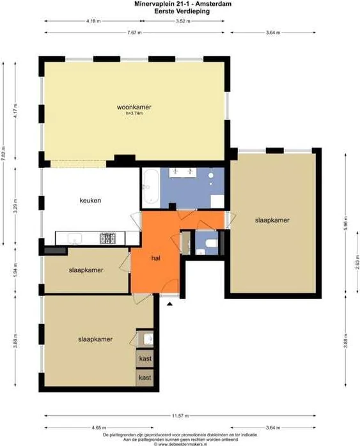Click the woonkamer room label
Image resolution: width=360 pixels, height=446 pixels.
(x=134, y=107)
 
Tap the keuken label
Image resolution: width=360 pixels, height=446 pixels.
(x=90, y=200)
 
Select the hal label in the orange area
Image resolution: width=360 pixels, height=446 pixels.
(x=155, y=258)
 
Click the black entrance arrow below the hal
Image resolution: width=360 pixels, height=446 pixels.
(x=169, y=305)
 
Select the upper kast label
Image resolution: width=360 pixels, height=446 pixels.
(x=145, y=358)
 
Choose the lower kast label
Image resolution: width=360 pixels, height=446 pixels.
(x=145, y=378)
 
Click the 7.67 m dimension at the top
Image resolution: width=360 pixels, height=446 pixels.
(x=134, y=32)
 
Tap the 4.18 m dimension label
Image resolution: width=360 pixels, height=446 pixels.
(x=93, y=21)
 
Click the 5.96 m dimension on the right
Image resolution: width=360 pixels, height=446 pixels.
(x=345, y=225)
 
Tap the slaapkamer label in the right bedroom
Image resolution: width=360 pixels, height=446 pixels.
(x=272, y=220)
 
